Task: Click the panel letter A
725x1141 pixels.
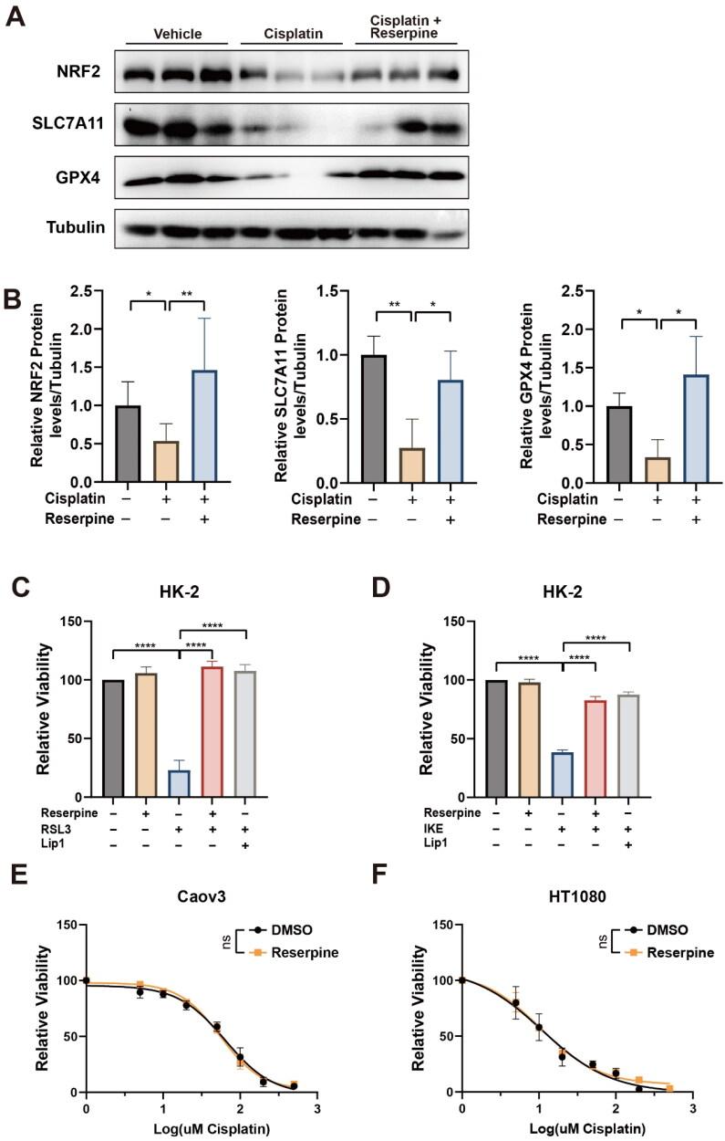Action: (x=16, y=16)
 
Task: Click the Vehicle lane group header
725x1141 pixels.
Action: (x=177, y=34)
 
